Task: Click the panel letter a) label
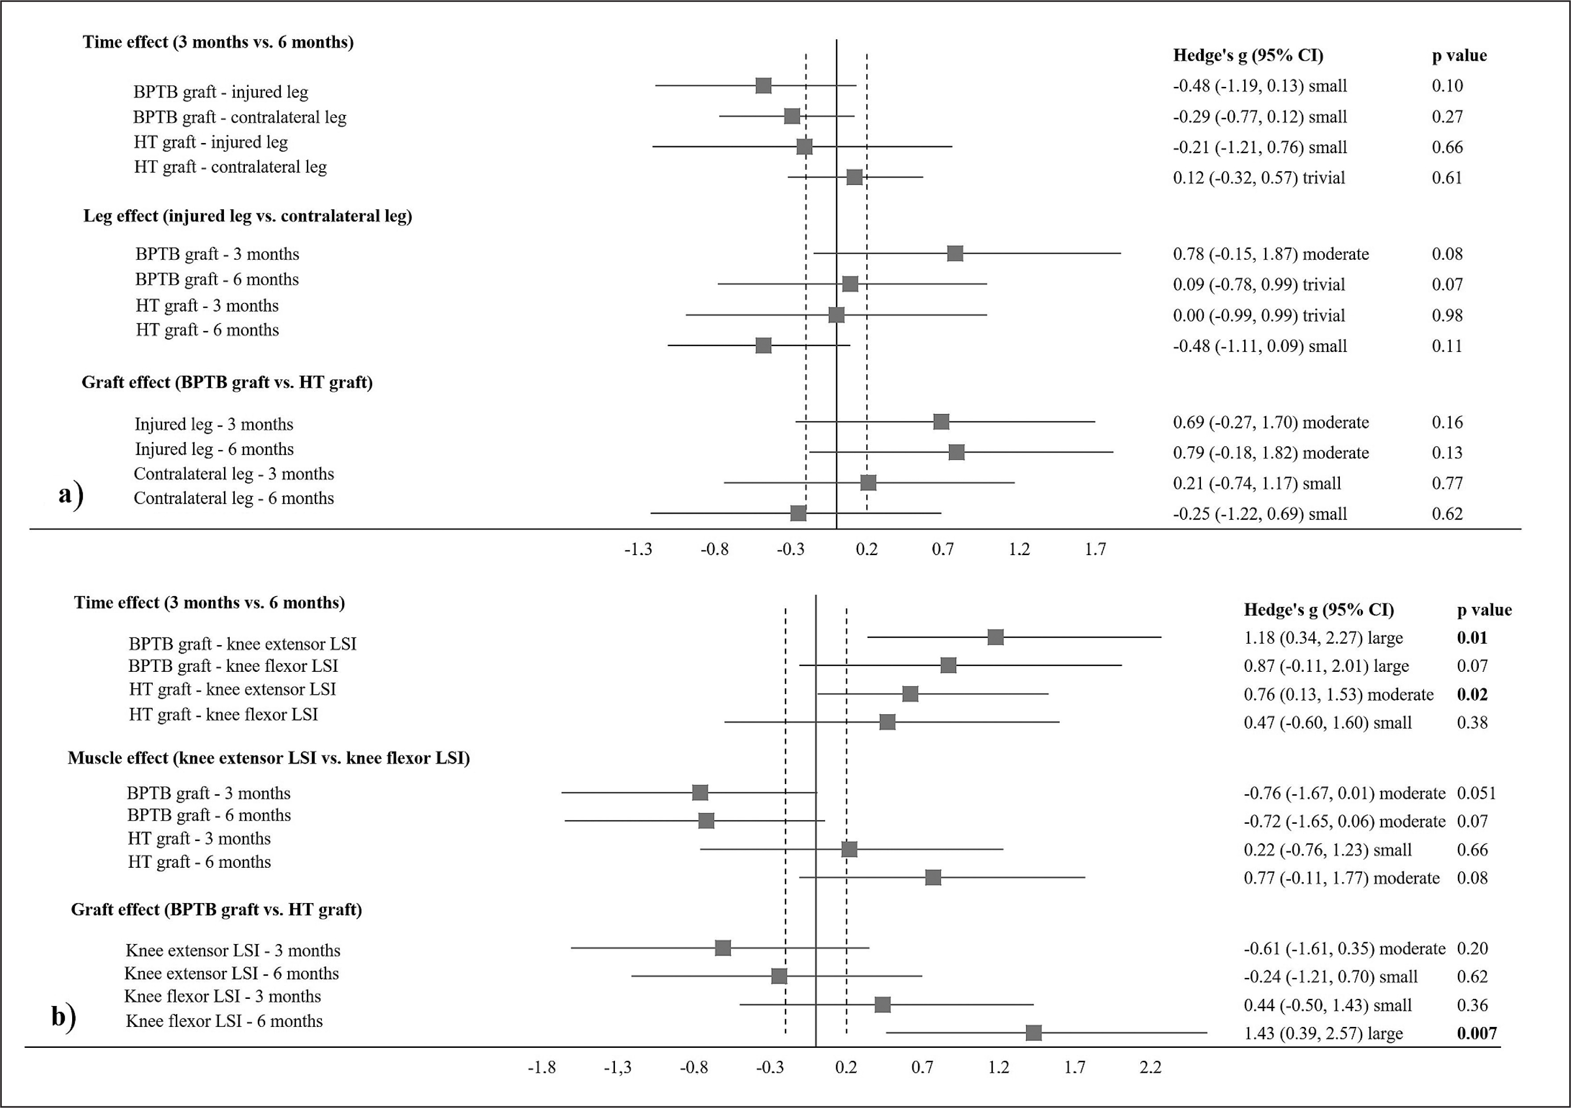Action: [x=70, y=494]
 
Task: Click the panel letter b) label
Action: [x=64, y=1017]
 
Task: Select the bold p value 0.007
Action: [x=1477, y=1034]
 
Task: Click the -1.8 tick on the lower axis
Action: [x=541, y=1067]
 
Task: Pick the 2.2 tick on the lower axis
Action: [x=1150, y=1067]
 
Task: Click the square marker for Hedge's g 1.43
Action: [x=1033, y=1033]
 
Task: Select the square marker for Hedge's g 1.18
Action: [x=996, y=637]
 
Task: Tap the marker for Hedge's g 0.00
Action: [x=836, y=315]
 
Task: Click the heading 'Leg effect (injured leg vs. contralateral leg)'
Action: [x=248, y=216]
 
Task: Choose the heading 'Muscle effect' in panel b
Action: [x=268, y=758]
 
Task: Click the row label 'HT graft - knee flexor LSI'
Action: [x=223, y=715]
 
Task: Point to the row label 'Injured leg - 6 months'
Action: [x=214, y=449]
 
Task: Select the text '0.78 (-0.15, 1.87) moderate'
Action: [x=1270, y=254]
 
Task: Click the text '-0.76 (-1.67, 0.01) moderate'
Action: [x=1344, y=793]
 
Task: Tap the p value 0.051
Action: [x=1476, y=793]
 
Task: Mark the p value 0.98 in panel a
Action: [x=1447, y=315]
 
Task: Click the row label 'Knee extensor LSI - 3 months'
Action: [x=232, y=951]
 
